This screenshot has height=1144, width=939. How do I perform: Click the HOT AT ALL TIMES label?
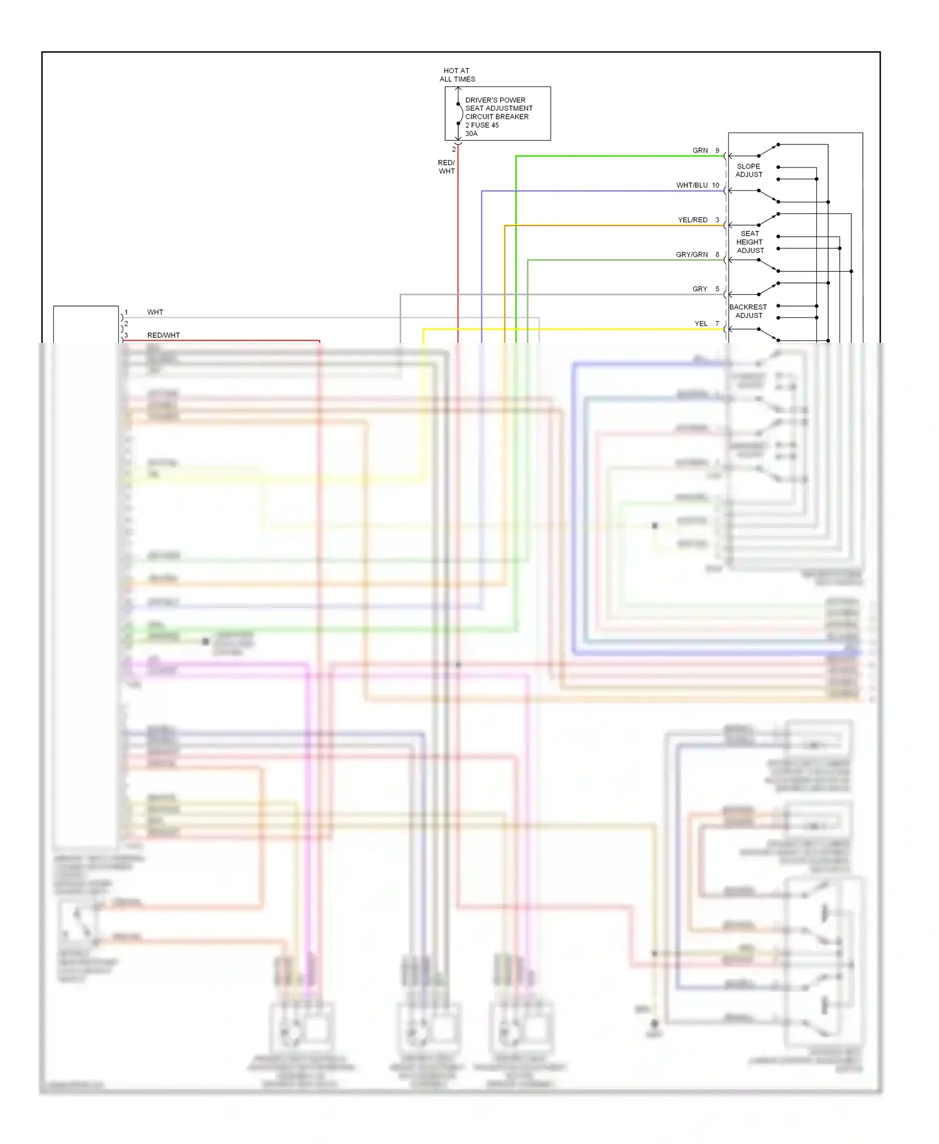pyautogui.click(x=457, y=75)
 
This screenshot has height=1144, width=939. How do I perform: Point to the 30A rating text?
pyautogui.click(x=471, y=134)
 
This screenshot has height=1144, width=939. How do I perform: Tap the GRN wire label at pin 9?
pyautogui.click(x=700, y=151)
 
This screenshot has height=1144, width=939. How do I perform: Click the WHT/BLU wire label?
pyautogui.click(x=692, y=185)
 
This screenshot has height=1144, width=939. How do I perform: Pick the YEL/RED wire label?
pyautogui.click(x=692, y=220)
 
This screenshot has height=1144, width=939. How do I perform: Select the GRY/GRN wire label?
pyautogui.click(x=692, y=255)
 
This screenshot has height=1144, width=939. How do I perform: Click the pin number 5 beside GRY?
pyautogui.click(x=717, y=289)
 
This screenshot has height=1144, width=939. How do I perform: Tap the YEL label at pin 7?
pyautogui.click(x=700, y=324)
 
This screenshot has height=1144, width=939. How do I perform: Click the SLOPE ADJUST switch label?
pyautogui.click(x=749, y=171)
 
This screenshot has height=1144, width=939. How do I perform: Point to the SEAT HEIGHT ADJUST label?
pyautogui.click(x=750, y=242)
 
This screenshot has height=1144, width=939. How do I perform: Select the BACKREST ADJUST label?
pyautogui.click(x=748, y=311)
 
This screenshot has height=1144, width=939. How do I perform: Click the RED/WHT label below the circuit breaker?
pyautogui.click(x=446, y=167)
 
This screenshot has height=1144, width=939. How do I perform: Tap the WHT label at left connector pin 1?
pyautogui.click(x=155, y=312)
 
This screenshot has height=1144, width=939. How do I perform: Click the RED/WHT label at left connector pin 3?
pyautogui.click(x=163, y=335)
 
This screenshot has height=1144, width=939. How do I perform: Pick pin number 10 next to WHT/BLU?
pyautogui.click(x=716, y=185)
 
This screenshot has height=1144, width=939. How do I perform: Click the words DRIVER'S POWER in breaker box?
pyautogui.click(x=495, y=100)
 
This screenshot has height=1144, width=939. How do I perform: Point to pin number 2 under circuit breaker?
pyautogui.click(x=454, y=150)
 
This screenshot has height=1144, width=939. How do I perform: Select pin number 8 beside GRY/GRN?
pyautogui.click(x=717, y=255)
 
